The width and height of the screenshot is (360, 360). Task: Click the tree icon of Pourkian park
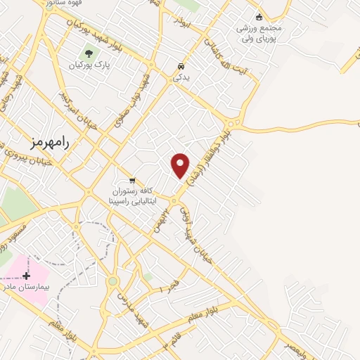pyautogui.click(x=89, y=53)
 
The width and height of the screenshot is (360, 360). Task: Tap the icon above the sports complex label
pyautogui.click(x=258, y=17)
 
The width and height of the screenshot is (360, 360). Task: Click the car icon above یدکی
pyautogui.click(x=181, y=67)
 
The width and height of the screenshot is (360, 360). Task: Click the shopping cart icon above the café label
pyautogui.click(x=132, y=180)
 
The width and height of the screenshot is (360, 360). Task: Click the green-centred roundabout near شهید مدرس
pyautogui.click(x=112, y=281)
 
